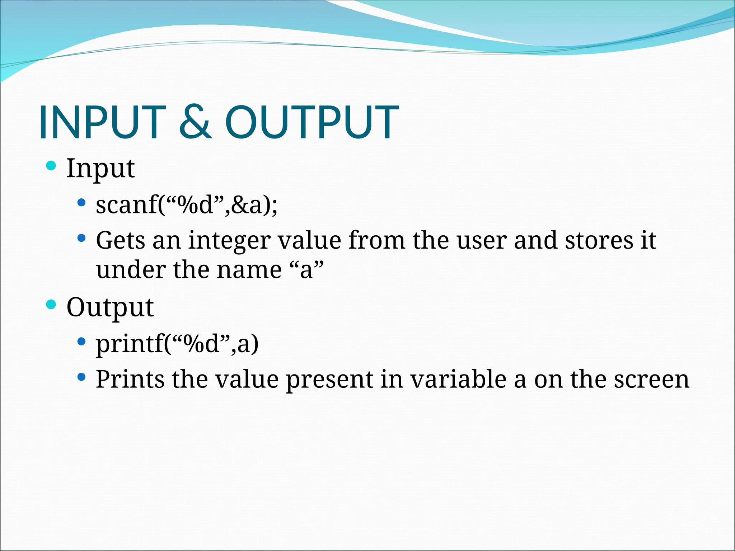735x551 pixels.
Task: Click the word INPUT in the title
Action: tap(102, 122)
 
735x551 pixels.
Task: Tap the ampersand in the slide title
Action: tap(196, 122)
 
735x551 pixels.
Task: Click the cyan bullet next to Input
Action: tap(51, 166)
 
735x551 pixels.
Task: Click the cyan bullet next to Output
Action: tap(51, 305)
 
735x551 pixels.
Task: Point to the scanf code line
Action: tap(187, 205)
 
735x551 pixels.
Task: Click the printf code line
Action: tap(177, 344)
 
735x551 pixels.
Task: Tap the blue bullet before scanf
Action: tap(81, 203)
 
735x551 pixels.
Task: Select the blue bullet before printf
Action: tap(81, 341)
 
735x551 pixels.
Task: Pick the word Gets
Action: tap(120, 240)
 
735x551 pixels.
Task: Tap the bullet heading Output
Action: tap(110, 308)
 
